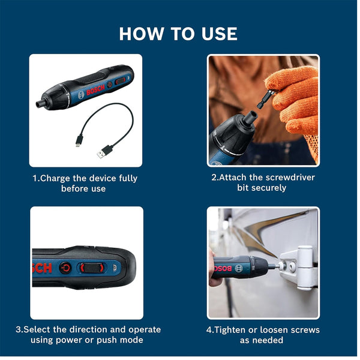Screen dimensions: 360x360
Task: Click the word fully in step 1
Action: coord(124,178)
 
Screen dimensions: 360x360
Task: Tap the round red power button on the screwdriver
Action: coord(65,268)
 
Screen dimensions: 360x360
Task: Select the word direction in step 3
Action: coord(94,330)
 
